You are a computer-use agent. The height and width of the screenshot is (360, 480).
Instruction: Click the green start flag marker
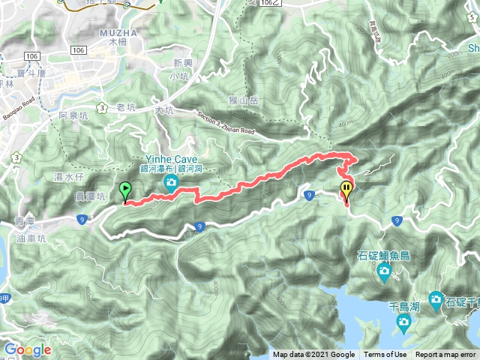pyautogui.click(x=124, y=190)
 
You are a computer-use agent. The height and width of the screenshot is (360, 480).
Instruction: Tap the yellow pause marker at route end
pyautogui.click(x=346, y=189)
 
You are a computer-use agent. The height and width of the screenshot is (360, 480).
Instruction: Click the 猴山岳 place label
pyautogui.click(x=244, y=100)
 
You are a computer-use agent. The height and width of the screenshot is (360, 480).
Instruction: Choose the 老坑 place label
pyautogui.click(x=125, y=108)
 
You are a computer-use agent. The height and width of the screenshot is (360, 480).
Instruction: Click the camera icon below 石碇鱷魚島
pyautogui.click(x=385, y=271)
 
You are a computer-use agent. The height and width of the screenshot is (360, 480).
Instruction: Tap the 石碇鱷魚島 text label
pyautogui.click(x=384, y=256)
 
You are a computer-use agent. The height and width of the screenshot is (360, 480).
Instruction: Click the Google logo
pyautogui.click(x=27, y=349)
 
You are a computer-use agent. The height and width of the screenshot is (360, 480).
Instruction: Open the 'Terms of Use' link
pyautogui.click(x=385, y=355)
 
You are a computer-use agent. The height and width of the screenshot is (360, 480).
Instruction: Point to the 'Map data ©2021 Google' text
pyautogui.click(x=313, y=355)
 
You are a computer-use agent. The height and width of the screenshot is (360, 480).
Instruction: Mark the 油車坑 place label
pyautogui.click(x=31, y=238)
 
